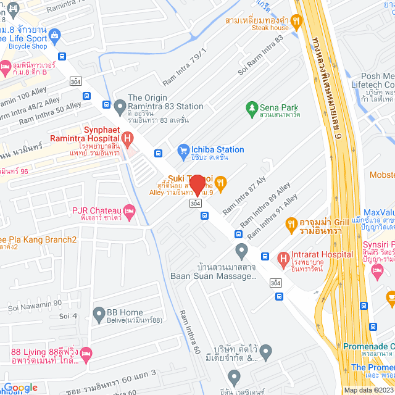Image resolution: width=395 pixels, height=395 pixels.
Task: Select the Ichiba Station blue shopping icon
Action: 183,149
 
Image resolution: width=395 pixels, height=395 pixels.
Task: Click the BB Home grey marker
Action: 99,316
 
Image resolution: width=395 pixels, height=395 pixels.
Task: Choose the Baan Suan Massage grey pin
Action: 241,251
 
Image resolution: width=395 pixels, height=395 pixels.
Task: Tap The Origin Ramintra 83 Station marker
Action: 120,107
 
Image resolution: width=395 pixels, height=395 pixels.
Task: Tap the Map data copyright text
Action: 368,390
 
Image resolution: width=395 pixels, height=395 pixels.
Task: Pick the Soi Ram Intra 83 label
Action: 260,55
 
